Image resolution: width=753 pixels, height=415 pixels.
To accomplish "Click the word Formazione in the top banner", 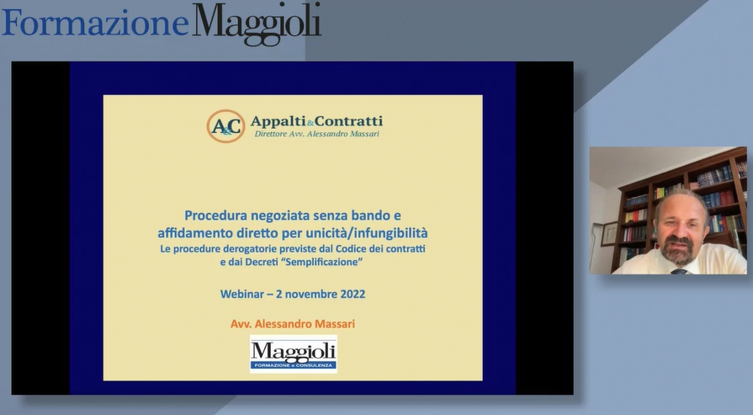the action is coord(96,23).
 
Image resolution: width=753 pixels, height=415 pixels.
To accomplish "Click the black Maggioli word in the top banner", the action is coord(257,24).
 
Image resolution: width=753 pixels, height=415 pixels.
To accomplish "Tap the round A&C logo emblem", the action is coord(225,126).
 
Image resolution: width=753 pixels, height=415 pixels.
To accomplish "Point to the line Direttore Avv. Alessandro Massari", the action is coord(317,134).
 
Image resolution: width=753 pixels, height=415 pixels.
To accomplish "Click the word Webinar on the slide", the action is coord(242,294).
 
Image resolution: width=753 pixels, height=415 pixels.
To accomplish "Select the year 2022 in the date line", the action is coord(353,294).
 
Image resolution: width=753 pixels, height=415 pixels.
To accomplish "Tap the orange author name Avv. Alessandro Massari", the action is coord(293,324).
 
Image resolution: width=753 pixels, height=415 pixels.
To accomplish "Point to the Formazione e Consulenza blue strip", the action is coord(294,366).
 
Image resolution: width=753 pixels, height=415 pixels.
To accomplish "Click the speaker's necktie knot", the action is coord(679,271).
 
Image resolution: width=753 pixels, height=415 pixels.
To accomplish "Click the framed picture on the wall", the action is coord(609,234).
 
